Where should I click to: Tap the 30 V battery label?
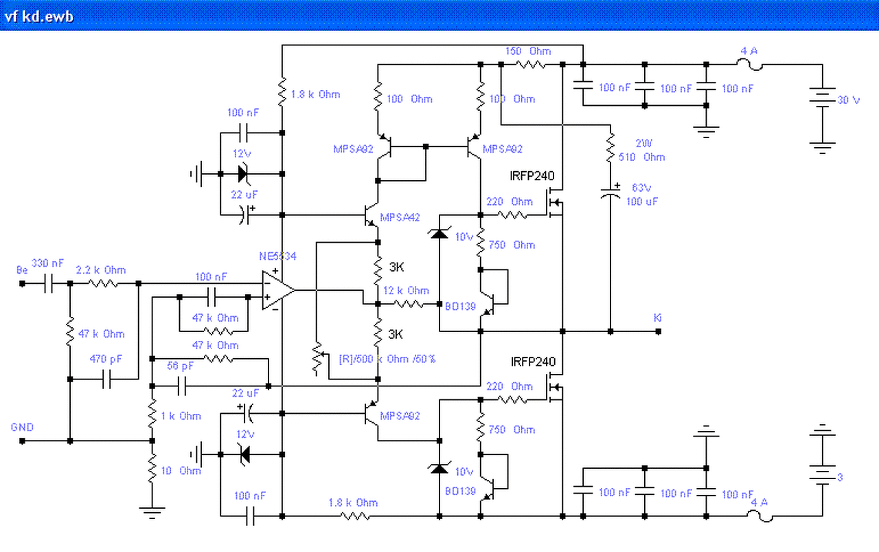click(847, 100)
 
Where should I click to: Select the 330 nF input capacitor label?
click(48, 263)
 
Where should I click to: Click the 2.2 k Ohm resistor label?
click(101, 270)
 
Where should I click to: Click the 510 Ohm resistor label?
click(640, 157)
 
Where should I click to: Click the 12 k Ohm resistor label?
click(407, 291)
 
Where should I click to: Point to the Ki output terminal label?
click(658, 318)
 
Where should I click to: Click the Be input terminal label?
click(22, 270)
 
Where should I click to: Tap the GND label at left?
click(22, 427)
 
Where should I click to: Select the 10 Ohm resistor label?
click(181, 471)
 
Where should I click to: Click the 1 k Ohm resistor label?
click(181, 416)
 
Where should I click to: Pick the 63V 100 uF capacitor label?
click(640, 195)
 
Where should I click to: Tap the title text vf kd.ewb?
click(39, 16)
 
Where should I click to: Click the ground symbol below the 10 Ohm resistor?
click(152, 511)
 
